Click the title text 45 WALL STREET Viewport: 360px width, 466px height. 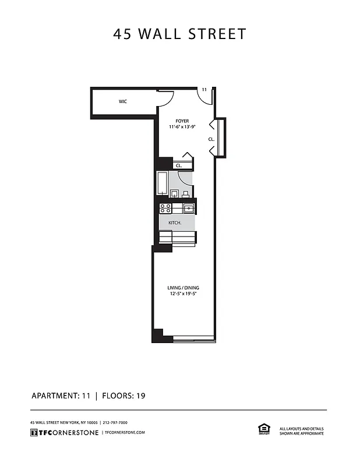pyautogui.click(x=180, y=34)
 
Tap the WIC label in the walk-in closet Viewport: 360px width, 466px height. pyautogui.click(x=123, y=101)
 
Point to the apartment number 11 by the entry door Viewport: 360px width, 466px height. pyautogui.click(x=204, y=89)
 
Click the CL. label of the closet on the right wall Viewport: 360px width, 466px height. pyautogui.click(x=211, y=140)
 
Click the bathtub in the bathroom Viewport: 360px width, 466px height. pyautogui.click(x=163, y=184)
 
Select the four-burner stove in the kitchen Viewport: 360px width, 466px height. pyautogui.click(x=165, y=207)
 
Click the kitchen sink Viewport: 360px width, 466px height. pyautogui.click(x=189, y=208)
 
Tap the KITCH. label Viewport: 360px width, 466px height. pyautogui.click(x=175, y=223)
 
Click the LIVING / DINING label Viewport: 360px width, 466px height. pyautogui.click(x=183, y=287)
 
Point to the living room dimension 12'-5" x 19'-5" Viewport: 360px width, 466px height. pyautogui.click(x=183, y=294)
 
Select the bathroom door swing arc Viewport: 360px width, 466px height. pyautogui.click(x=185, y=178)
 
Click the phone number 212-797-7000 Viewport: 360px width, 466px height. pyautogui.click(x=115, y=422)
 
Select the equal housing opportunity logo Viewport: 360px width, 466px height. pyautogui.click(x=262, y=429)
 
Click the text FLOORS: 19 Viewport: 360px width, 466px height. pyautogui.click(x=123, y=396)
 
